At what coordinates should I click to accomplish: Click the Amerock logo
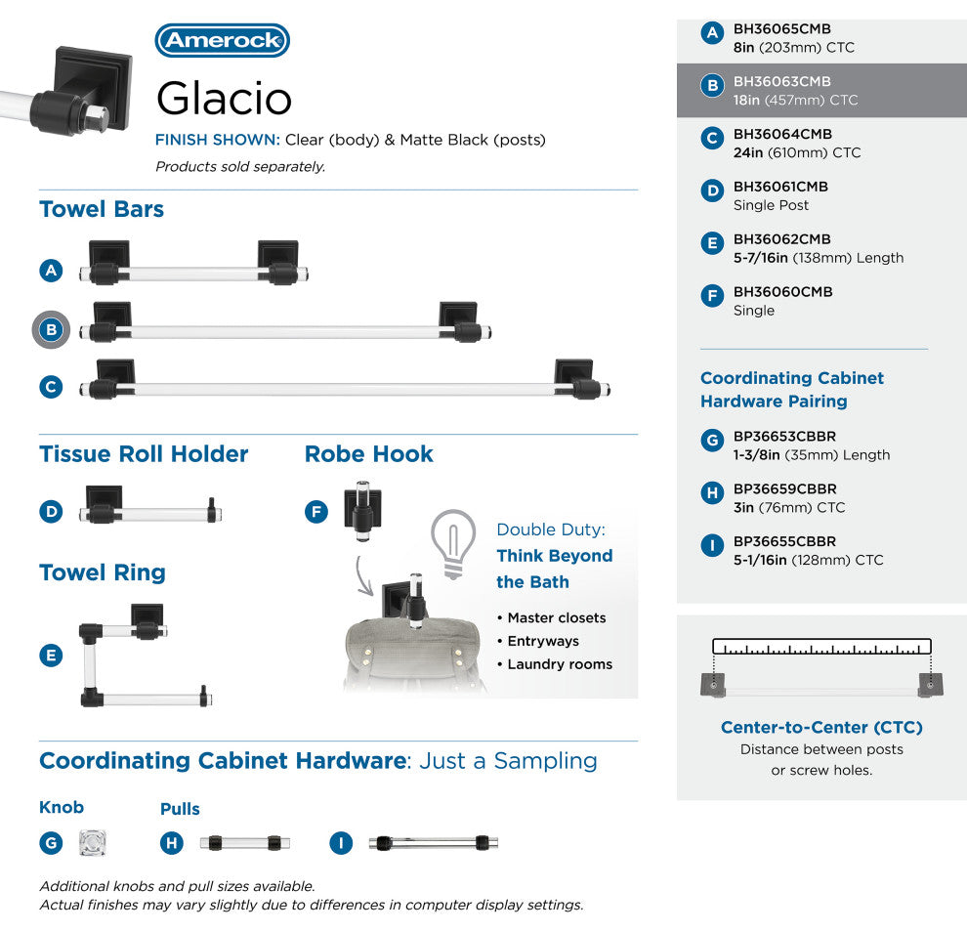(x=223, y=41)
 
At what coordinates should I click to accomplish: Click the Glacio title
(x=224, y=98)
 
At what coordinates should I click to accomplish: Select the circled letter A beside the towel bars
(x=52, y=271)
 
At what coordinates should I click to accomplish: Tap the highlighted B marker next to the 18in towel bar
(x=52, y=330)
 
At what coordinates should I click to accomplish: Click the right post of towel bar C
(x=576, y=380)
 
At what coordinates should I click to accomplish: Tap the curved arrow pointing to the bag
(x=365, y=577)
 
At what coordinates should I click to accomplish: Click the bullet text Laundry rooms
(x=560, y=664)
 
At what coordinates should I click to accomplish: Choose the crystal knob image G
(x=93, y=842)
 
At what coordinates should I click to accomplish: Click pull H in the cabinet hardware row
(x=240, y=842)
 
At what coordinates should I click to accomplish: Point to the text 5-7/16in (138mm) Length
(x=819, y=258)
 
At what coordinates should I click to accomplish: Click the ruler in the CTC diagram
(x=821, y=647)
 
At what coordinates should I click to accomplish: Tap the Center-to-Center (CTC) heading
(x=821, y=727)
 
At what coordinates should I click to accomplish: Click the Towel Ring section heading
(x=103, y=573)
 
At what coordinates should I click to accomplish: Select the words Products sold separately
(x=240, y=167)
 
